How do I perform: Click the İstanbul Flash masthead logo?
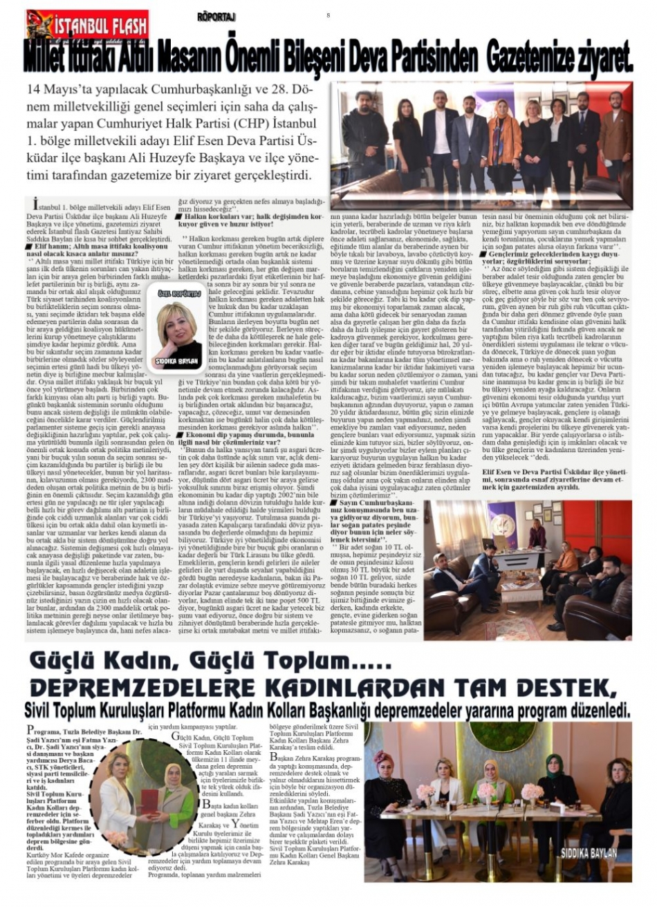[88, 26]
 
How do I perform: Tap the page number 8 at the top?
[328, 15]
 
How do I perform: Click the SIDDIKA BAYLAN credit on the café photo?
[589, 853]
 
